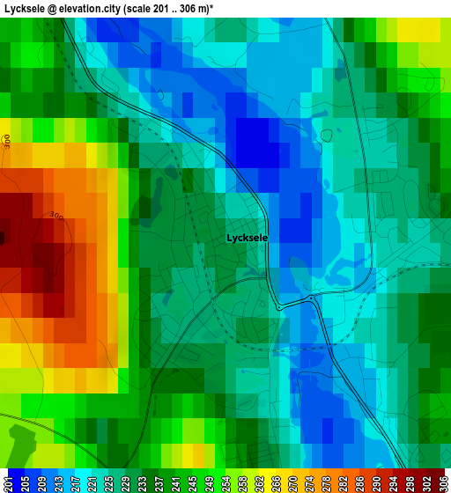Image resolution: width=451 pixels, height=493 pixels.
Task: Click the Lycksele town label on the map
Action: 247,238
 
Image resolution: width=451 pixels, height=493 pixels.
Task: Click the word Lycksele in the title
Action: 29,8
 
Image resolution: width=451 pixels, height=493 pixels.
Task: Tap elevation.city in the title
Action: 96,8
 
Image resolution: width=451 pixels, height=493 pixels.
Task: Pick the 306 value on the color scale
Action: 443,482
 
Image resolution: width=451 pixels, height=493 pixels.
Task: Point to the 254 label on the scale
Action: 227,482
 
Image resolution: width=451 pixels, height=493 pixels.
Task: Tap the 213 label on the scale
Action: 57,482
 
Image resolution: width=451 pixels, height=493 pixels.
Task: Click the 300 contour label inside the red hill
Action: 56,216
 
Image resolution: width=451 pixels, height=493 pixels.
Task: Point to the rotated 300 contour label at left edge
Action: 7,141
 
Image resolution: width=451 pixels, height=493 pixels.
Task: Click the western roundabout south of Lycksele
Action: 279,307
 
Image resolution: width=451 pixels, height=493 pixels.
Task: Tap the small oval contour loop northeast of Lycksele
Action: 327,136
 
